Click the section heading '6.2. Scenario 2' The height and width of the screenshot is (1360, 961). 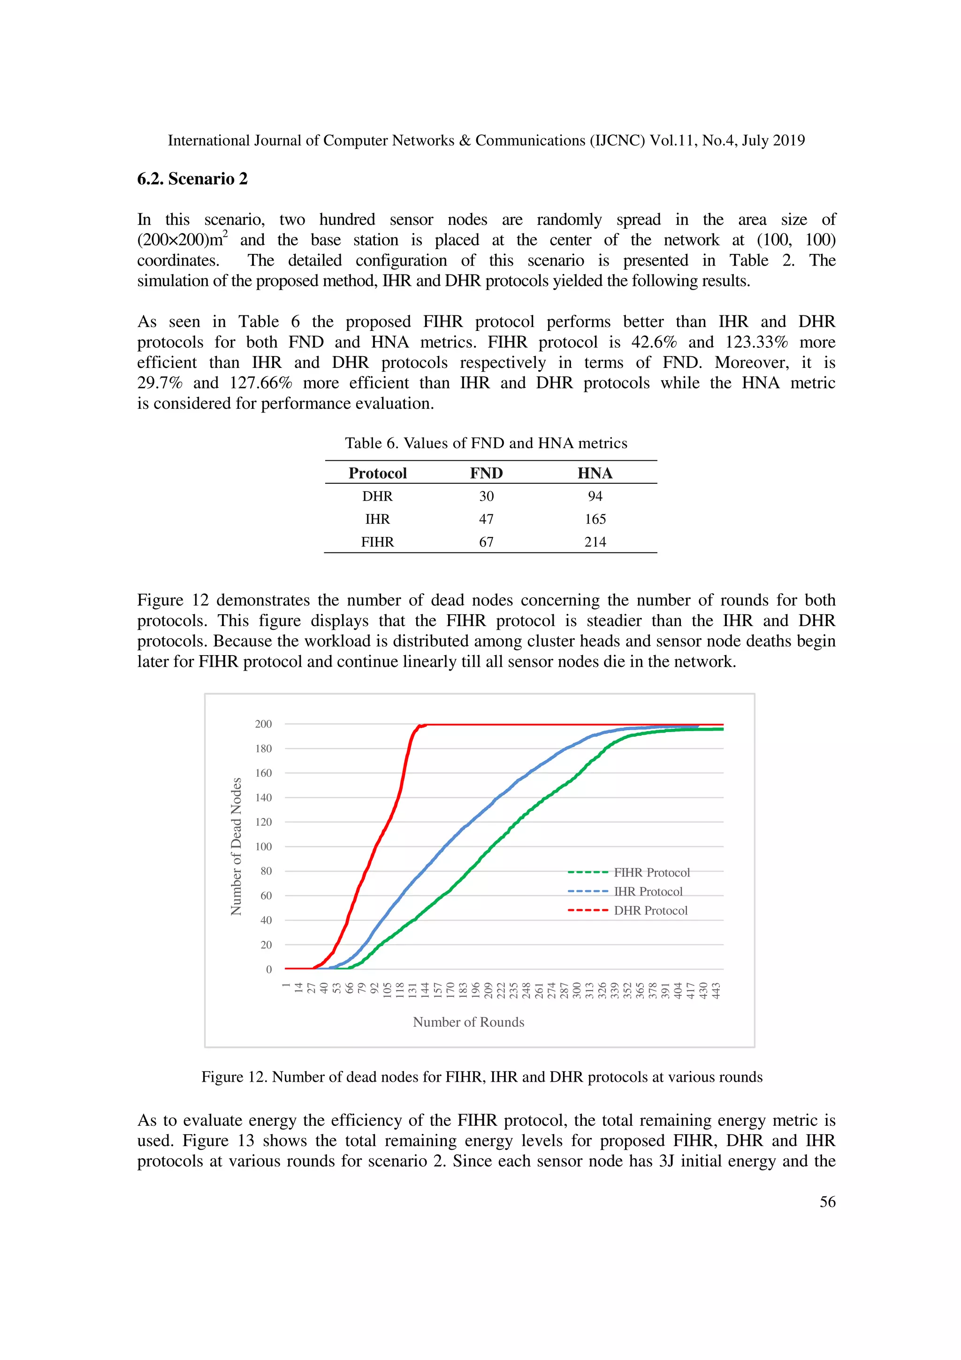click(x=192, y=179)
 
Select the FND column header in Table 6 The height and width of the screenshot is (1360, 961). click(x=486, y=473)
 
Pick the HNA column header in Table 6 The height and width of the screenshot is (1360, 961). click(x=595, y=473)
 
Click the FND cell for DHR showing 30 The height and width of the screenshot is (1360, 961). click(x=486, y=497)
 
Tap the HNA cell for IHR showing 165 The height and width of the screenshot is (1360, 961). click(x=595, y=520)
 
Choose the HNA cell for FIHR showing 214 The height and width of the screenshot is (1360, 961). click(x=595, y=542)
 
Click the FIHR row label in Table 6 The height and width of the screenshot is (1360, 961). click(x=377, y=542)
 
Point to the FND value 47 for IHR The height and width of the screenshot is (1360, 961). click(x=486, y=520)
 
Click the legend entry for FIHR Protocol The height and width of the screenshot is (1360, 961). click(x=651, y=872)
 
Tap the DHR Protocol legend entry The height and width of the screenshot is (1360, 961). click(x=650, y=910)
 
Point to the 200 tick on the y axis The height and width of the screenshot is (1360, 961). click(x=264, y=724)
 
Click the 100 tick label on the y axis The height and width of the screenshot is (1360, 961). click(x=264, y=847)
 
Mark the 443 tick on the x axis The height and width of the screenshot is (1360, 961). click(x=717, y=990)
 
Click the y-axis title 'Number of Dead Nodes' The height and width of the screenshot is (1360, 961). click(x=236, y=847)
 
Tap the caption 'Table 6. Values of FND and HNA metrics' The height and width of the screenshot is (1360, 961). click(x=486, y=443)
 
